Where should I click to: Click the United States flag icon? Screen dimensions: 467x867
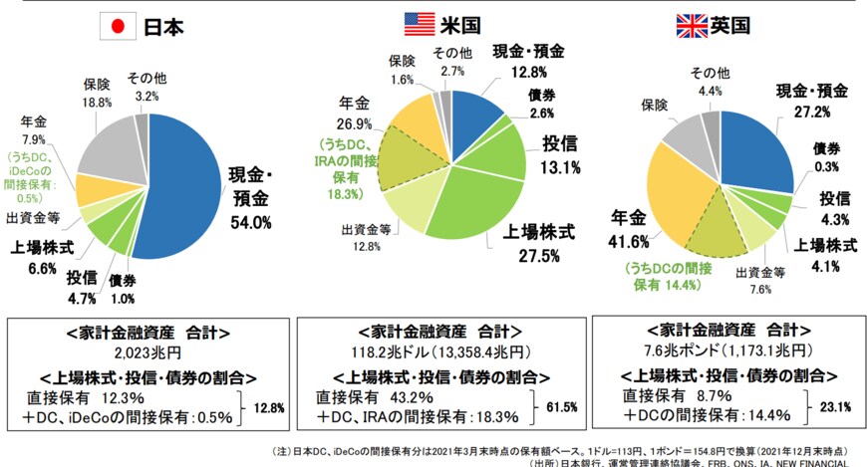click(x=419, y=22)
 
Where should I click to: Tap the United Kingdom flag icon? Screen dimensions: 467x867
click(x=691, y=23)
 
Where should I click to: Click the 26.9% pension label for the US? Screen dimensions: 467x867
click(x=355, y=124)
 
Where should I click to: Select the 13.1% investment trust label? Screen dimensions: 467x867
click(x=560, y=168)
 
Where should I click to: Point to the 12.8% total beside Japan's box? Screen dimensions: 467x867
click(x=270, y=406)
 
